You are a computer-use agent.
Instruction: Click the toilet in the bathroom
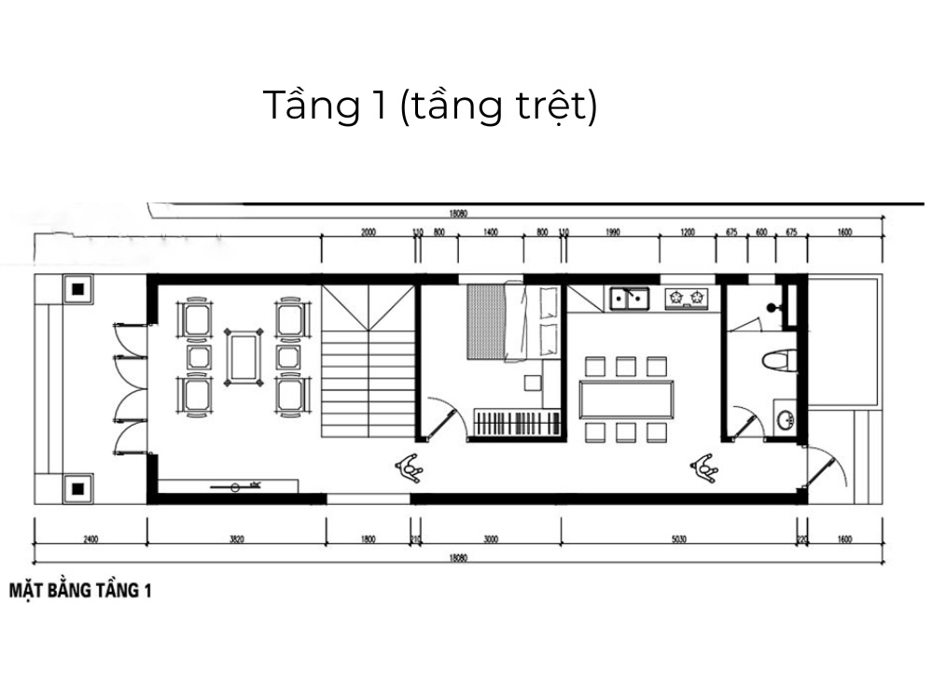pyautogui.click(x=780, y=362)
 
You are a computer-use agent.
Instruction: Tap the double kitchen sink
pyautogui.click(x=631, y=299)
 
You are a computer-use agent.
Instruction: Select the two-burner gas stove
pyautogui.click(x=689, y=299)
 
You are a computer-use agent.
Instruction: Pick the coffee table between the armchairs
pyautogui.click(x=244, y=356)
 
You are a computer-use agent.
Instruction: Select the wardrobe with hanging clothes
pyautogui.click(x=517, y=422)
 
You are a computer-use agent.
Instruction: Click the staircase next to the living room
pyautogui.click(x=369, y=360)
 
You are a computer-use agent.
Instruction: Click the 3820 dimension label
pyautogui.click(x=237, y=539)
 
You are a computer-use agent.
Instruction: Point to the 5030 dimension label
pyautogui.click(x=678, y=539)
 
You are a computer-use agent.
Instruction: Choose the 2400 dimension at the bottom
pyautogui.click(x=90, y=539)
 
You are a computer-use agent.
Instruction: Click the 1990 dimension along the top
pyautogui.click(x=612, y=232)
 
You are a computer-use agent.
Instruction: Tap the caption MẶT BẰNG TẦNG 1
pyautogui.click(x=79, y=590)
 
